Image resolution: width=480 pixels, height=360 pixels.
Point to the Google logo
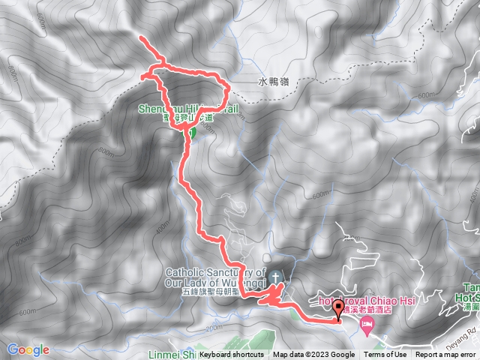click(28, 349)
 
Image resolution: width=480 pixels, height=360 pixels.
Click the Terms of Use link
click(385, 355)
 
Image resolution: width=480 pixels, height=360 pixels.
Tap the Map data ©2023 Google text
click(313, 355)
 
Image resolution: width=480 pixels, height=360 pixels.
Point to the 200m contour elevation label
click(214, 328)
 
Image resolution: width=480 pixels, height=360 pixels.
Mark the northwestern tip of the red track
click(142, 37)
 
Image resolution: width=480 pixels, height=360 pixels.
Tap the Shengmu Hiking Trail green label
click(187, 109)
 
